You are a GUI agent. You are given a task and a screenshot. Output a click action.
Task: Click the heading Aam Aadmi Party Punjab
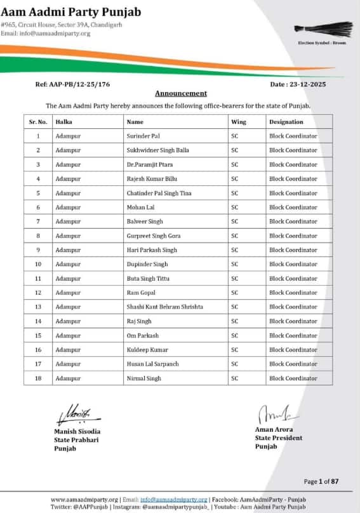point(71,11)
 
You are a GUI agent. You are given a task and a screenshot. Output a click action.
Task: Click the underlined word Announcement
point(181,93)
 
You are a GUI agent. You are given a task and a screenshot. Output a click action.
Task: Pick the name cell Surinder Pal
point(144,136)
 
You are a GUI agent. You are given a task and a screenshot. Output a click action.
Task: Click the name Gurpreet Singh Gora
point(154,236)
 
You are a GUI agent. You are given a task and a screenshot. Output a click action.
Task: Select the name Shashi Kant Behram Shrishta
point(165,307)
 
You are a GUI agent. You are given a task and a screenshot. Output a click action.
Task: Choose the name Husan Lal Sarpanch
point(154,364)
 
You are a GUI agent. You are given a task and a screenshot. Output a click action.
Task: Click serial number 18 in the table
point(38,378)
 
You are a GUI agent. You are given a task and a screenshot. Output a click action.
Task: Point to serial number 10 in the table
point(38,264)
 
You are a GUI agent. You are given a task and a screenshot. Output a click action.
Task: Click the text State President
point(279,438)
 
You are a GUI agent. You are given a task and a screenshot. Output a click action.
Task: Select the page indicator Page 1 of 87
point(321,482)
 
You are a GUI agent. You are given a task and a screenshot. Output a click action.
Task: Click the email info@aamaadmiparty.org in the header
point(55,34)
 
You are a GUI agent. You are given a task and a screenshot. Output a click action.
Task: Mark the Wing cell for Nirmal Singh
point(235,378)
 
